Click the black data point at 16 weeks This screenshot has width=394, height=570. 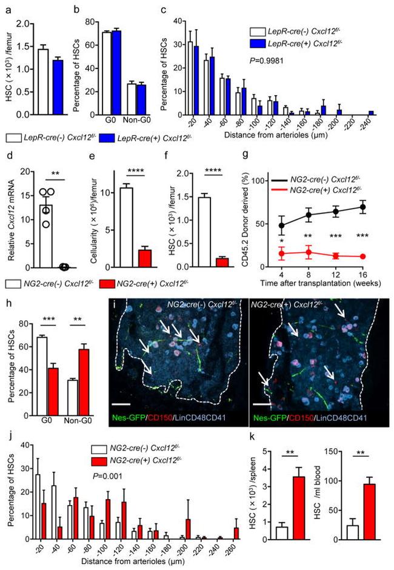tap(362, 207)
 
